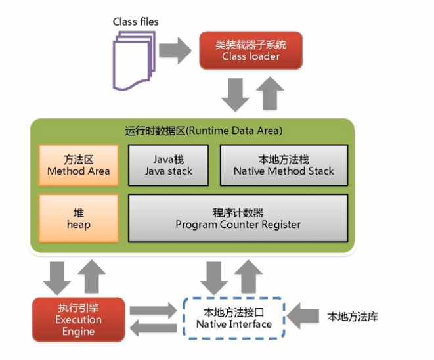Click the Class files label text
point(136,22)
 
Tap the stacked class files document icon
point(134,60)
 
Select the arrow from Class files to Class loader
point(175,51)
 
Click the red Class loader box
point(251,51)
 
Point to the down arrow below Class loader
point(235,95)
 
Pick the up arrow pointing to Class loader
point(270,93)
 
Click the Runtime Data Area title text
point(204,131)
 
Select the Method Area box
point(79,165)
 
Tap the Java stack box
point(169,165)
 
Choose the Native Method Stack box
point(284,165)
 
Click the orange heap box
point(79,219)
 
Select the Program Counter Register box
point(238,219)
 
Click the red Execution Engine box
point(79,319)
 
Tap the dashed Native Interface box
point(234,318)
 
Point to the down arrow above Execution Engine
point(57,279)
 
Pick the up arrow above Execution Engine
point(92,277)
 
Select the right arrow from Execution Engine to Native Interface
point(153,311)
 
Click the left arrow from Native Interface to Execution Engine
point(153,328)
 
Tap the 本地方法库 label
point(353,317)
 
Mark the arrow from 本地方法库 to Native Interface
point(303,316)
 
